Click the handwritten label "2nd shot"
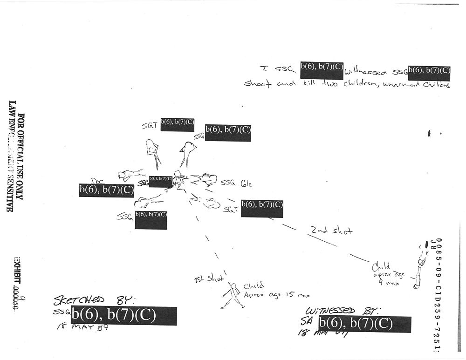pos(332,230)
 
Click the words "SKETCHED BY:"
pos(94,299)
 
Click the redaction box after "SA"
pos(364,324)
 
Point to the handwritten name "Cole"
pos(246,184)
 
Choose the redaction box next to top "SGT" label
pos(178,124)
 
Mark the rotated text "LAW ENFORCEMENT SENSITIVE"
pos(12,156)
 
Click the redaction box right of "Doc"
pos(107,190)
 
